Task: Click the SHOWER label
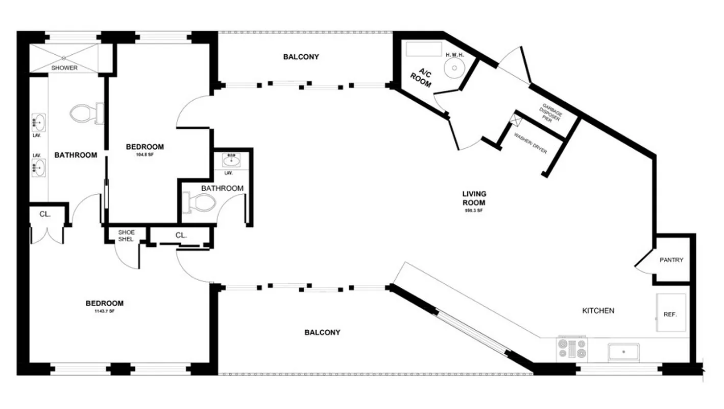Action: click(64, 67)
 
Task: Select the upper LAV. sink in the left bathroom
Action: click(39, 122)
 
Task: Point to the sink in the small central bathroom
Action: click(232, 161)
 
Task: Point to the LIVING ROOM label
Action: click(474, 198)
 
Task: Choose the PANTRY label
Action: click(671, 260)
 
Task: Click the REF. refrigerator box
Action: click(670, 314)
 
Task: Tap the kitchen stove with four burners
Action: click(572, 349)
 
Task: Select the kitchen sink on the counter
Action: click(623, 352)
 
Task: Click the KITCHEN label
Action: click(598, 310)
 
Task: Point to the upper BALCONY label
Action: click(301, 57)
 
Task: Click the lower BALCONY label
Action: click(322, 332)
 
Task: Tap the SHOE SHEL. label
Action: click(126, 236)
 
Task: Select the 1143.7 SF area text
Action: click(105, 311)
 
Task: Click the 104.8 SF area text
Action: click(145, 154)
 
